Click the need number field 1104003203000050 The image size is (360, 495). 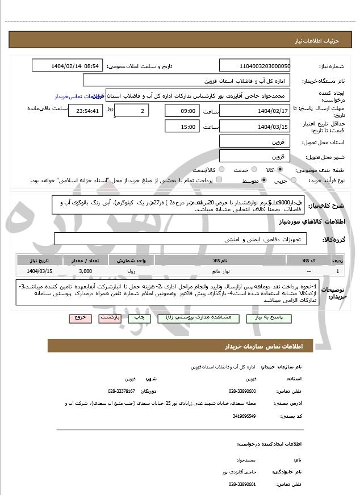click(x=254, y=66)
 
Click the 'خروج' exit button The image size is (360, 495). click(x=79, y=318)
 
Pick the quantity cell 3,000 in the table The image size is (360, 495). click(x=85, y=271)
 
